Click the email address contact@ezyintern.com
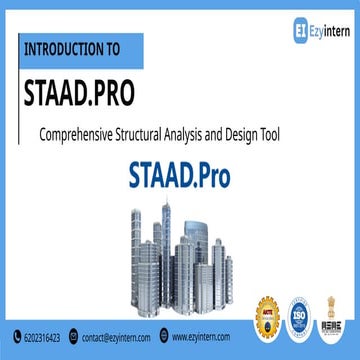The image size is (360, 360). pos(116,338)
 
